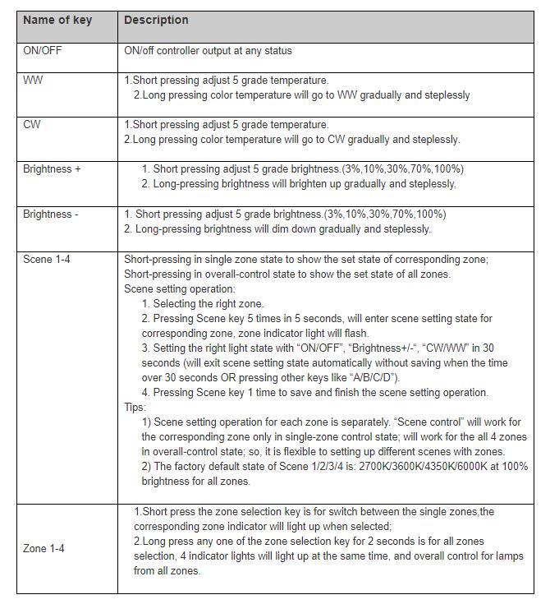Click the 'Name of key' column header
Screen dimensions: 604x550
click(x=57, y=20)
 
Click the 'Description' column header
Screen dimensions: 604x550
click(x=156, y=20)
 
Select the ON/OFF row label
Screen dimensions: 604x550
click(x=42, y=51)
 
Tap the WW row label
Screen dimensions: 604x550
click(x=34, y=81)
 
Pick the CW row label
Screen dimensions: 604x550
click(x=32, y=125)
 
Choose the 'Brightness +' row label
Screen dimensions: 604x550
click(x=53, y=169)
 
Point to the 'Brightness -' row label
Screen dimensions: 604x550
click(x=51, y=214)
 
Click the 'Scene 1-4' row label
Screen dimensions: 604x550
click(x=47, y=260)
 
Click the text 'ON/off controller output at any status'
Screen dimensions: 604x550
click(x=208, y=51)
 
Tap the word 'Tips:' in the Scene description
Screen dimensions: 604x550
click(x=135, y=407)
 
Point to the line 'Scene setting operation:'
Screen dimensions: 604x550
click(x=179, y=289)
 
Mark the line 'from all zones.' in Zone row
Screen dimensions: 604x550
click(x=167, y=571)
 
